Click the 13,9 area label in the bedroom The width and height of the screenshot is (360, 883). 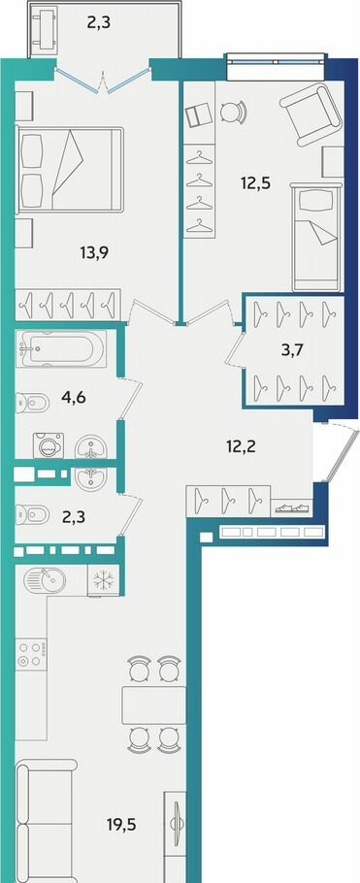click(x=94, y=252)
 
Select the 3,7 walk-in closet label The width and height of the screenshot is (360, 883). click(x=292, y=350)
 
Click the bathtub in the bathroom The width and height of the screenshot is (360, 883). click(x=61, y=349)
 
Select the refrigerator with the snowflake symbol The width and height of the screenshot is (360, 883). click(x=103, y=580)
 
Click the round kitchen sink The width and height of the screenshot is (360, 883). click(x=45, y=578)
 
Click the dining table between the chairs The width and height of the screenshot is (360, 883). click(x=154, y=705)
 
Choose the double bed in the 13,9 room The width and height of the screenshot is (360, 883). click(x=70, y=170)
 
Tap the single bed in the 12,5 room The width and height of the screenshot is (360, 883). click(x=317, y=236)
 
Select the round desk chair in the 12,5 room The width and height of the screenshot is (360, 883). click(x=233, y=112)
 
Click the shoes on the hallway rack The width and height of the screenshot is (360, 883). click(x=292, y=507)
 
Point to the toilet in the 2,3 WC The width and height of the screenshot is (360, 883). click(x=32, y=514)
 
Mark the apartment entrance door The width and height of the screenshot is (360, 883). click(x=339, y=454)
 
